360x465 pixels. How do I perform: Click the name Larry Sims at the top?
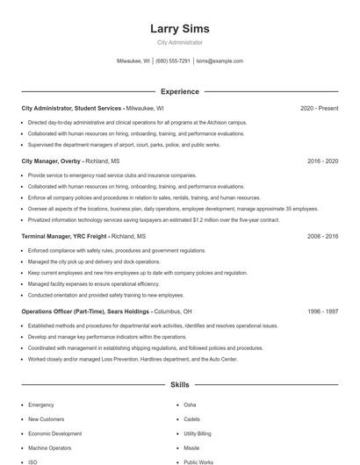point(180,28)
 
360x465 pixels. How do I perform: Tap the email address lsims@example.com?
point(220,61)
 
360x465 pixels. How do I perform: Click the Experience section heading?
point(180,91)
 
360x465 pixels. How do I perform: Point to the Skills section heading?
point(180,384)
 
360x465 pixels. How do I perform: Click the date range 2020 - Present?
point(319,108)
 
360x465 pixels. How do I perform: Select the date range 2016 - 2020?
point(323,162)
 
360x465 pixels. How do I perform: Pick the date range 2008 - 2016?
point(323,237)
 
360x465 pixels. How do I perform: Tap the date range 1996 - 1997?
point(323,311)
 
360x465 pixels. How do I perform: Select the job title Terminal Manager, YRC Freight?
point(64,237)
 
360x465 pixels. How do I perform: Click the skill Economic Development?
point(54,433)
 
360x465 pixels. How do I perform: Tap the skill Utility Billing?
point(198,433)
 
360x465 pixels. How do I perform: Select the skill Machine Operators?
point(49,447)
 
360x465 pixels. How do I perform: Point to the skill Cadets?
point(191,419)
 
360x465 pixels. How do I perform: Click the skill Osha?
point(190,405)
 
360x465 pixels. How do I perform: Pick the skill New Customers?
point(47,419)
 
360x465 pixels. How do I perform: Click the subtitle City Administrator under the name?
point(180,42)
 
